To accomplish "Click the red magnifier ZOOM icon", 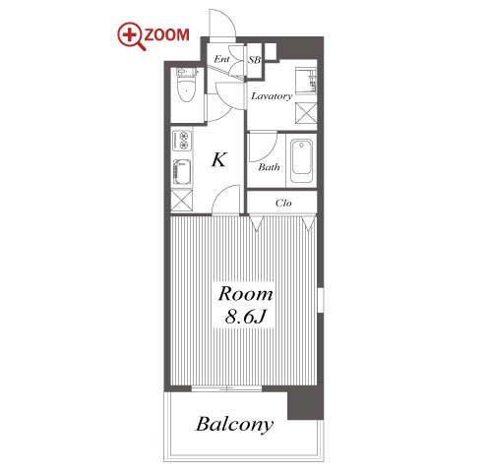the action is [x=131, y=36].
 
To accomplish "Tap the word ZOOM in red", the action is [x=167, y=34].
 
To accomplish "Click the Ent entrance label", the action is [x=221, y=59].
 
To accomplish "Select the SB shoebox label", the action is [x=254, y=60].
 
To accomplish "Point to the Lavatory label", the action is [x=272, y=96].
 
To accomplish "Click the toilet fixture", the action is [x=186, y=85].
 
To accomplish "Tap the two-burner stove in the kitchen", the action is [x=181, y=140].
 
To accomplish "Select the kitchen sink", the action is [x=181, y=172].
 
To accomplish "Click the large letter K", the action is [x=218, y=159].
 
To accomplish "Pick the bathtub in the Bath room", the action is [x=301, y=161].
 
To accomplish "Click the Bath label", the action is [x=269, y=167].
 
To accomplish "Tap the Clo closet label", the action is [x=283, y=203].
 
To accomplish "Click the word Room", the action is [x=245, y=294].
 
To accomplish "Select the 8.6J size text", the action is [x=245, y=317].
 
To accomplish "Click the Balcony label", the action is [x=234, y=425].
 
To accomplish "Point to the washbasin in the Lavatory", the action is [x=306, y=81].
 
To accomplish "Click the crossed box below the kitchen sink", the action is [x=181, y=200].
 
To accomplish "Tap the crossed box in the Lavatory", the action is [x=306, y=113].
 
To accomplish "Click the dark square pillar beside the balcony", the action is [x=305, y=404].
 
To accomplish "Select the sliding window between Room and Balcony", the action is [x=226, y=388].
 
